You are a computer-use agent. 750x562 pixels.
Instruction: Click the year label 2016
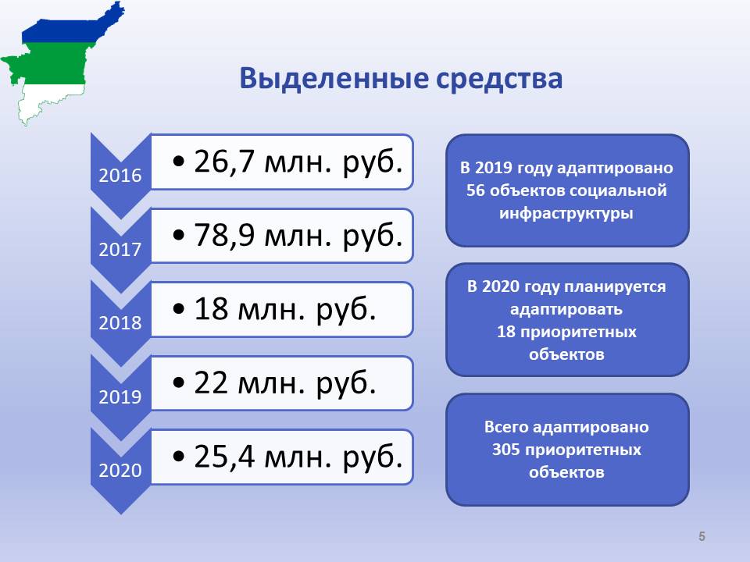(x=120, y=176)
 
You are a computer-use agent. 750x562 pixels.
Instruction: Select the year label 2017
(x=120, y=249)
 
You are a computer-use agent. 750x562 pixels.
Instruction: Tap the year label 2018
(x=120, y=322)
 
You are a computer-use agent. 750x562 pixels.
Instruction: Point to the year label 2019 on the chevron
(x=120, y=397)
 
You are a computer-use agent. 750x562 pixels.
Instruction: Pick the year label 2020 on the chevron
(x=120, y=470)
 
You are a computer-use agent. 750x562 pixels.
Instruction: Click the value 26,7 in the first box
(x=224, y=162)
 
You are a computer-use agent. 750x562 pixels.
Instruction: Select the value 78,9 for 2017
(x=224, y=235)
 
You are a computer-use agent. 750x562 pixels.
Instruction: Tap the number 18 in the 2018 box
(x=210, y=309)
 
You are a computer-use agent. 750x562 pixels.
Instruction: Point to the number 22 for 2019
(x=210, y=382)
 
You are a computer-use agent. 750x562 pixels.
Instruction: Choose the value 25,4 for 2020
(x=224, y=457)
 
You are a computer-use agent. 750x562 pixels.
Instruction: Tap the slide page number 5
(x=702, y=536)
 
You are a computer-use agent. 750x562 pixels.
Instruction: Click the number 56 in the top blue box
(x=476, y=190)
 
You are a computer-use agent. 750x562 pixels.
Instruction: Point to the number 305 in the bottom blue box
(x=505, y=450)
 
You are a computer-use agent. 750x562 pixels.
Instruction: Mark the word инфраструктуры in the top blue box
(x=566, y=213)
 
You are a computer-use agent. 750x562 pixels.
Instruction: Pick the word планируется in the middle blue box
(x=615, y=286)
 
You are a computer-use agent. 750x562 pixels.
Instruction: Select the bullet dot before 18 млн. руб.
(x=178, y=309)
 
